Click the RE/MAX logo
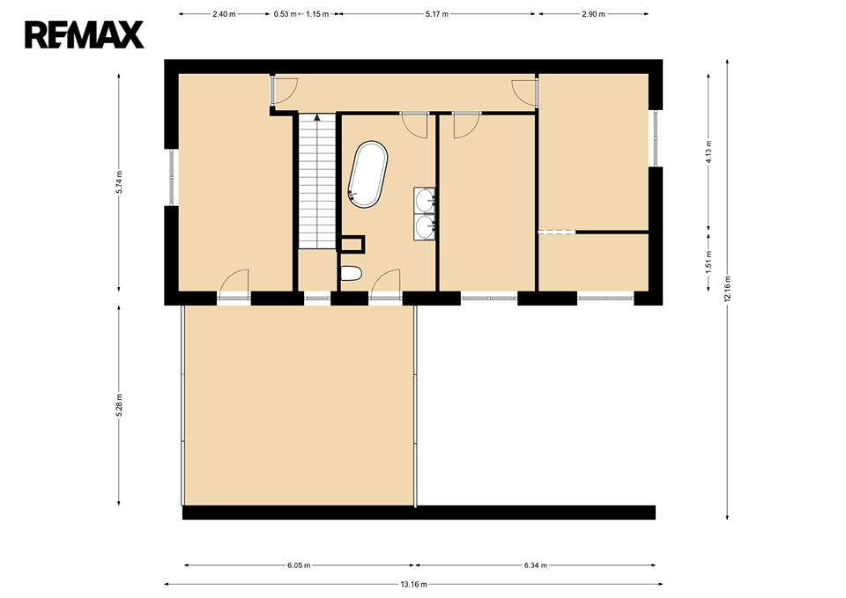pos(85,35)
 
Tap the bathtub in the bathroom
pos(367,174)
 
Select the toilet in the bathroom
pos(351,274)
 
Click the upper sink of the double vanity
pos(425,201)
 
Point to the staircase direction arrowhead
pos(317,117)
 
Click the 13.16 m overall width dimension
pos(413,584)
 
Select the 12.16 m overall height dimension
pos(727,289)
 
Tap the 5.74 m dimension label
pos(119,181)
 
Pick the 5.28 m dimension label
pos(119,405)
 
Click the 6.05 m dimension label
pos(299,565)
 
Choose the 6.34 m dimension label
pos(535,565)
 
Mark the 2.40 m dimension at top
pos(224,14)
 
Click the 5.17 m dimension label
pos(436,14)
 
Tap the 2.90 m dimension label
pos(593,14)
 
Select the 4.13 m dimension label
pos(709,151)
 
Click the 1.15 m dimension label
pos(317,14)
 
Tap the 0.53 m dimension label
pos(285,14)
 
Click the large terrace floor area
pos(299,405)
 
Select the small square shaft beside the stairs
pos(352,244)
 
